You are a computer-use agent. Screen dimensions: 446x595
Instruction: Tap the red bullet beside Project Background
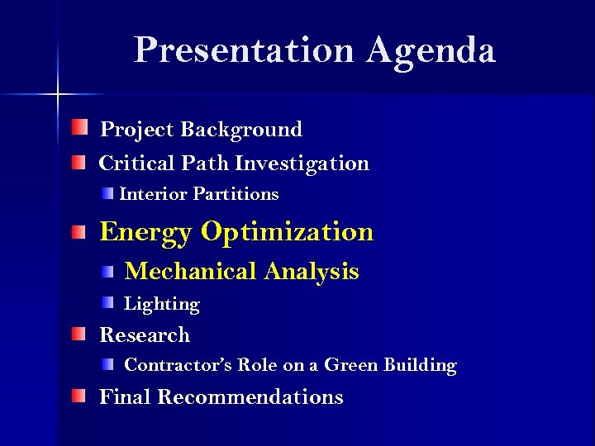pos(78,128)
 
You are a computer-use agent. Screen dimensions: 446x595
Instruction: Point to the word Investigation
pos(302,164)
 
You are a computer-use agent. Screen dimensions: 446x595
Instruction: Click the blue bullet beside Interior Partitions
pos(108,193)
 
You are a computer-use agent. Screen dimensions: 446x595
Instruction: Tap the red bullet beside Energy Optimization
pos(78,233)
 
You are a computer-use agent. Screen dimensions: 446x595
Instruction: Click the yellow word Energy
pos(145,233)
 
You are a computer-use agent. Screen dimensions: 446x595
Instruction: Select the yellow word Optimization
pos(287,232)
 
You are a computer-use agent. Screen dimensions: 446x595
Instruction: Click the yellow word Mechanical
pos(191,272)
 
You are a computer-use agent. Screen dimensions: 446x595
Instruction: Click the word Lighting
pos(162,305)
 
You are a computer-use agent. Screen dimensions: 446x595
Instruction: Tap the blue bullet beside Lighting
pos(108,303)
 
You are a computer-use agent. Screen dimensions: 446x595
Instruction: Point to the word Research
pos(145,335)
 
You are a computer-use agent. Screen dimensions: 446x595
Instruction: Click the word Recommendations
pos(250,397)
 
